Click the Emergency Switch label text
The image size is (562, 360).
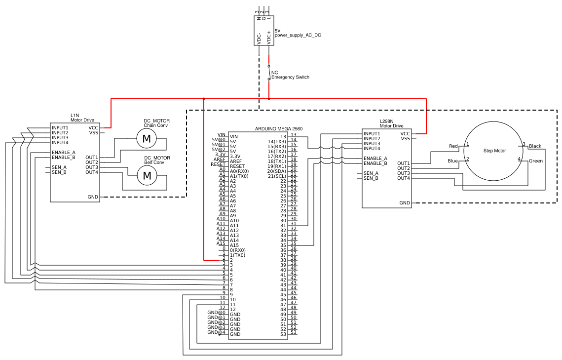coord(290,77)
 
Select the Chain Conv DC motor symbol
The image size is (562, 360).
coord(147,138)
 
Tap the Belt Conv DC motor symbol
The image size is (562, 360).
coord(147,175)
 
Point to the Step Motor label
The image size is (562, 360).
coord(494,151)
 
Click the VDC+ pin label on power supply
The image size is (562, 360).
coord(269,38)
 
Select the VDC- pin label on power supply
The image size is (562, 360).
coord(259,39)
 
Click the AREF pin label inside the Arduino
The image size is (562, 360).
coord(236,161)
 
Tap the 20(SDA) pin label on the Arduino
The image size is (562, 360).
coord(277,171)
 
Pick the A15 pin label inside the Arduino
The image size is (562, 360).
coord(234,245)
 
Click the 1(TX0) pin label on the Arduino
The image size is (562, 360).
coord(237,255)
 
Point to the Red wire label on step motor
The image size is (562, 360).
coord(453,146)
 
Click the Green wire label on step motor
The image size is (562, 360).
coord(536,161)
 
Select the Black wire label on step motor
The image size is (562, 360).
coord(535,146)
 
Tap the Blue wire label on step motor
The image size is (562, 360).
coord(452,161)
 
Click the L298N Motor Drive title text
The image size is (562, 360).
coord(391,124)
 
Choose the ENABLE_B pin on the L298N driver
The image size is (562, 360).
coord(375,163)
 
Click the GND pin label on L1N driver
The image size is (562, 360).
coord(93,197)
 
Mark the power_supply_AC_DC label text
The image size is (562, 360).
coord(298,35)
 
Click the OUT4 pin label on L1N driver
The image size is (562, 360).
coord(92,172)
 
